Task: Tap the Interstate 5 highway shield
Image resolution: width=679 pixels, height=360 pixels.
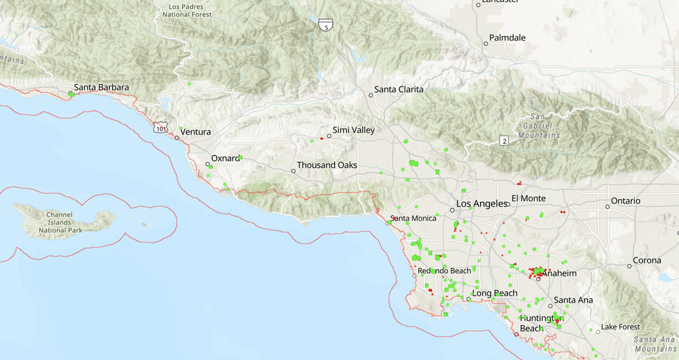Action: (x=326, y=25)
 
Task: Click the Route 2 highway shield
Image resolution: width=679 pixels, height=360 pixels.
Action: (x=502, y=141)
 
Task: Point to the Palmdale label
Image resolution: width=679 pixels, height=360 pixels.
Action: (x=508, y=38)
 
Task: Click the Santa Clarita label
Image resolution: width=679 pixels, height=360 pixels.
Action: (x=399, y=90)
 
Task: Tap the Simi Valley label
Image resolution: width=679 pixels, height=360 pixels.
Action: (x=353, y=130)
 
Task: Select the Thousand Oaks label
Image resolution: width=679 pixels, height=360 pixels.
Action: (x=327, y=165)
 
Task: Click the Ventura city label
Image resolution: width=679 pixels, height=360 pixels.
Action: (x=196, y=132)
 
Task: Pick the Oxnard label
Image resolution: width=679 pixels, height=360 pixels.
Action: (x=225, y=158)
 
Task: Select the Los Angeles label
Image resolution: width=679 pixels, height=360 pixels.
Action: (x=481, y=204)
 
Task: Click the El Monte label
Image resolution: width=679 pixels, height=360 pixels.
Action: (x=529, y=198)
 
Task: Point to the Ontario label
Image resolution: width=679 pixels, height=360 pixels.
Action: (x=625, y=201)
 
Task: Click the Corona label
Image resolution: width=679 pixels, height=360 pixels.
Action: (x=647, y=260)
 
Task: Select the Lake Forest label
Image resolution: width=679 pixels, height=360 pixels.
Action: (x=620, y=327)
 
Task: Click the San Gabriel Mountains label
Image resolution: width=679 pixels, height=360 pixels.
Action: (x=541, y=126)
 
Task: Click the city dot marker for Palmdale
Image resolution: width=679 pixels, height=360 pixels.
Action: (x=485, y=43)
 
